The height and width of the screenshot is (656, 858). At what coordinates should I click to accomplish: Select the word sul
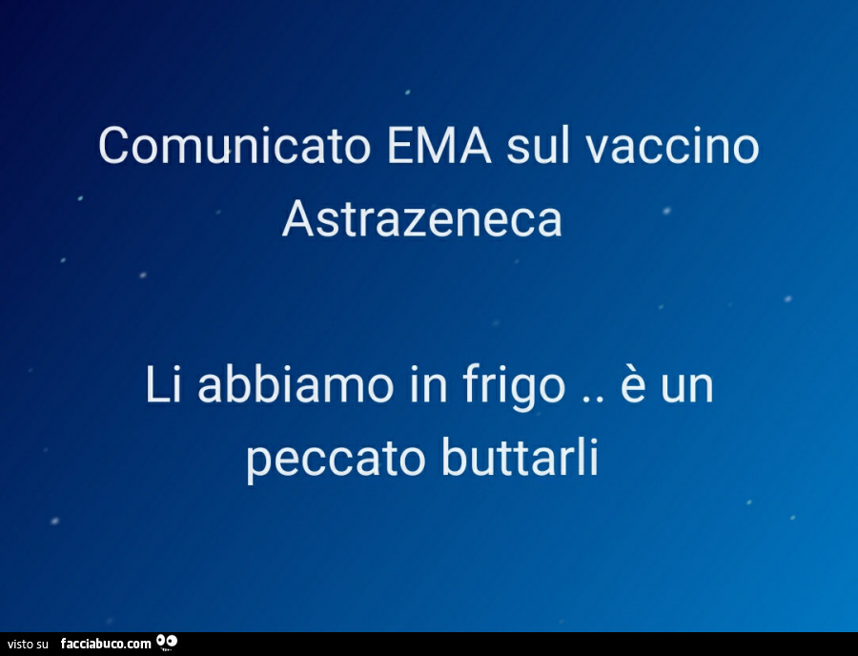coord(539,147)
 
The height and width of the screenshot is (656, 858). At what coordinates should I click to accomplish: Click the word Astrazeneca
coord(422,220)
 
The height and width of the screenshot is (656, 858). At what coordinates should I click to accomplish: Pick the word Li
coord(159,386)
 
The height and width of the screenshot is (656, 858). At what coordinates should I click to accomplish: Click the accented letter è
coord(634,386)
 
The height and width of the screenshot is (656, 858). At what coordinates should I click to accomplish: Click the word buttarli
coord(521,460)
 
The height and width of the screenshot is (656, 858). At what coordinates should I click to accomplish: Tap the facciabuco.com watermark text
coord(105,645)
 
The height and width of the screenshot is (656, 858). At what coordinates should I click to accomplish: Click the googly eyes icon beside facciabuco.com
coord(167,642)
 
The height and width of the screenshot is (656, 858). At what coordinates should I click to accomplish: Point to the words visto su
coord(27,646)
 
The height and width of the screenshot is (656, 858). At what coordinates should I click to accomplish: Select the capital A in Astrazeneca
coord(296,220)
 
